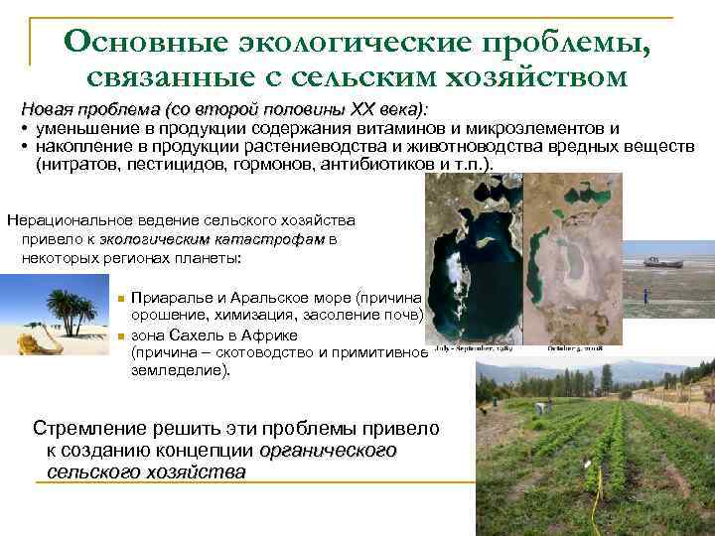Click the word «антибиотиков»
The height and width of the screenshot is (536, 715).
click(x=374, y=164)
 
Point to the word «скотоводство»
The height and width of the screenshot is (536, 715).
click(x=249, y=352)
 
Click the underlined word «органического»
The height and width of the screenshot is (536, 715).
click(x=327, y=451)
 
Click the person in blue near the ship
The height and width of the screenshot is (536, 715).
click(x=646, y=295)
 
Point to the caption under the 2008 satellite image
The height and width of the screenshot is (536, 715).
click(x=569, y=349)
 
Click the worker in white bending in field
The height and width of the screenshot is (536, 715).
click(x=541, y=407)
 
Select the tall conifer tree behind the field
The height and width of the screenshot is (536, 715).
click(x=606, y=377)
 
